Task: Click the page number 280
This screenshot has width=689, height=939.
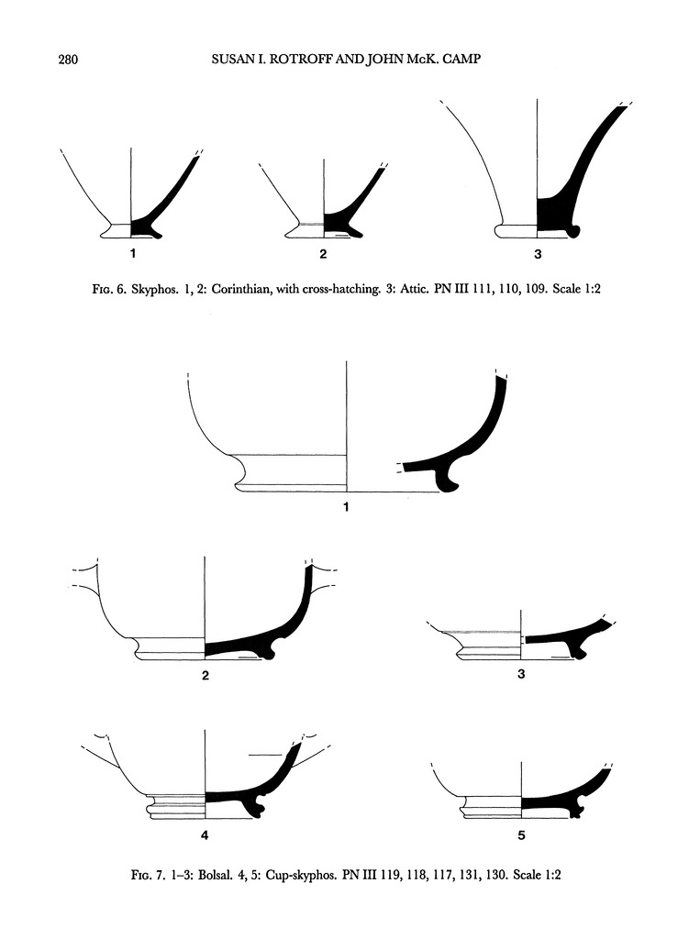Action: (x=68, y=59)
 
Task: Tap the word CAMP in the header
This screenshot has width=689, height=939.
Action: (x=463, y=59)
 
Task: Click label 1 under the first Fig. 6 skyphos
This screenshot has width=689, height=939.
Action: (x=133, y=253)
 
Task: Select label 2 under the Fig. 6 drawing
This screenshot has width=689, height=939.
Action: (x=324, y=254)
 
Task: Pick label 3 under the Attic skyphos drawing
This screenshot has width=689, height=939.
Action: (x=538, y=255)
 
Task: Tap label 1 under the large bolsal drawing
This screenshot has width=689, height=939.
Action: (x=346, y=507)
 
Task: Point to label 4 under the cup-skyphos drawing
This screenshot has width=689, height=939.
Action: (x=205, y=834)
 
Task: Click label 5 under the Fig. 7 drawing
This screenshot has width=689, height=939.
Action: (x=521, y=834)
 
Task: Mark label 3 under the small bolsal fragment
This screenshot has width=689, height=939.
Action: (x=521, y=674)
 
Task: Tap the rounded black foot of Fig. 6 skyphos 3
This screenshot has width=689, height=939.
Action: (x=574, y=230)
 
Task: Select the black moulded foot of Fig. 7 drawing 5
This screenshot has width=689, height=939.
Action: (x=576, y=808)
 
